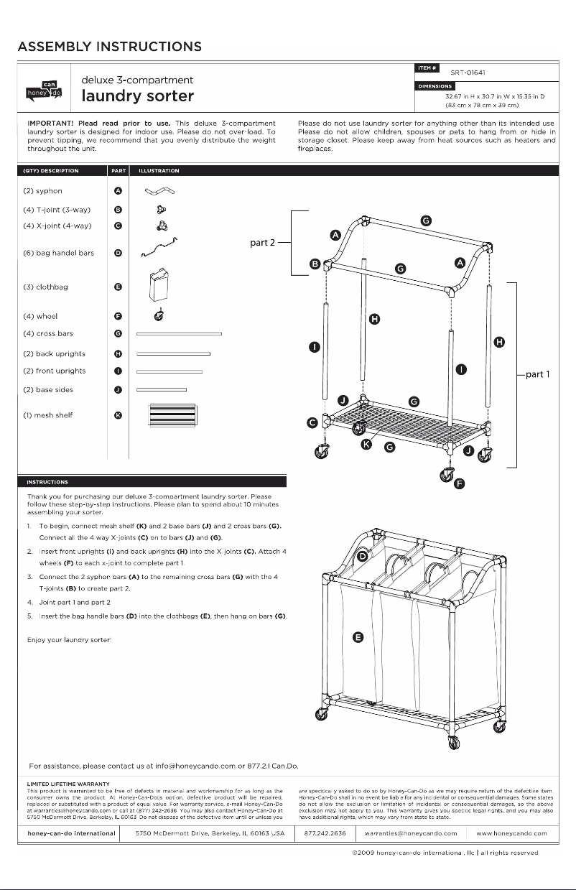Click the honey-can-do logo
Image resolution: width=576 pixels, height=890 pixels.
click(x=44, y=88)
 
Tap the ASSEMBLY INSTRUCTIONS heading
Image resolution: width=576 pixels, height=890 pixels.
click(x=109, y=47)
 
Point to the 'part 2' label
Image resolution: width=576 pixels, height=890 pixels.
click(x=263, y=243)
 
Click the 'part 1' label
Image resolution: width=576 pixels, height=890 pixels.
click(x=539, y=374)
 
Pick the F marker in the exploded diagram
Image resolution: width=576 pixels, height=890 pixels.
click(x=460, y=483)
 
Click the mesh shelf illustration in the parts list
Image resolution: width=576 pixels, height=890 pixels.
click(x=171, y=416)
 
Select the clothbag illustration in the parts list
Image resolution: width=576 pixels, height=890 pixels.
click(x=157, y=287)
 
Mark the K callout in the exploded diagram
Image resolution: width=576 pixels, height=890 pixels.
click(x=366, y=445)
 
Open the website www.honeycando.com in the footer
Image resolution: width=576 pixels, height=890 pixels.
click(x=511, y=833)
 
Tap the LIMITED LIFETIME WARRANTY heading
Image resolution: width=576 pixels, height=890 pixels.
click(x=68, y=783)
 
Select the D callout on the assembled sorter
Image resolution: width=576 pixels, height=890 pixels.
click(x=363, y=557)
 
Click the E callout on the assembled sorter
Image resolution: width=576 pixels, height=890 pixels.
click(x=358, y=636)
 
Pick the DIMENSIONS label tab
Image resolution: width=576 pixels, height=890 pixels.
click(x=435, y=87)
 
